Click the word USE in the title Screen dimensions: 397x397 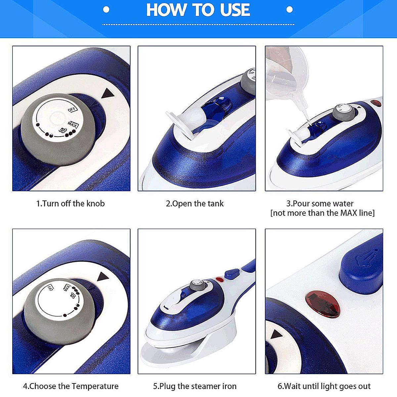pyautogui.click(x=235, y=10)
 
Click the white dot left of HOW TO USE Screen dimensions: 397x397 pyautogui.click(x=106, y=10)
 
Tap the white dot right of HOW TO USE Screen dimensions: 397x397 pyautogui.click(x=289, y=10)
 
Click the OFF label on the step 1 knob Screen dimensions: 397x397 pyautogui.click(x=72, y=109)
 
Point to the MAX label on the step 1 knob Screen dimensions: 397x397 pyautogui.click(x=72, y=125)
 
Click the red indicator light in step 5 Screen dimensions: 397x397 pyautogui.click(x=220, y=280)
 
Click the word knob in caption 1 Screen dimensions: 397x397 pyautogui.click(x=96, y=203)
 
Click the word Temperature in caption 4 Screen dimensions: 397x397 pyautogui.click(x=95, y=386)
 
